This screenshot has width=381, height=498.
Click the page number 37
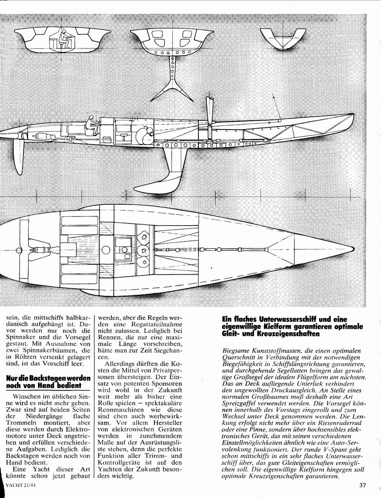[363, 485]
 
